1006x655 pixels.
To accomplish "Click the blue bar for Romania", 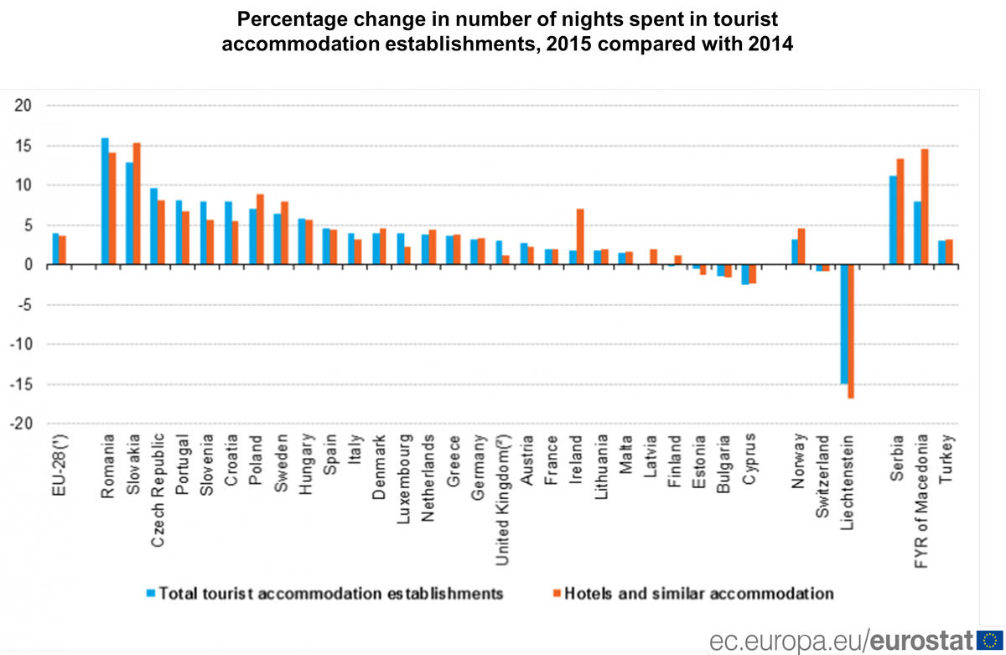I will pyautogui.click(x=105, y=201).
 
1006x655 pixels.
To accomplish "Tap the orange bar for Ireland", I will pyautogui.click(x=579, y=237).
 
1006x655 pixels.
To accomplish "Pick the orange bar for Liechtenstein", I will pyautogui.click(x=852, y=331).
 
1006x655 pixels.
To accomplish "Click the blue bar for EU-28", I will pyautogui.click(x=55, y=249).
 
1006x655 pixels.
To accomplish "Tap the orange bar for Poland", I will pyautogui.click(x=260, y=230).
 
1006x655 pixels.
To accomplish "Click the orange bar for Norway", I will pyautogui.click(x=801, y=247).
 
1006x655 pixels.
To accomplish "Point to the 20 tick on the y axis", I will pyautogui.click(x=23, y=106).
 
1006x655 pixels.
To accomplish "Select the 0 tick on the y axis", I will pyautogui.click(x=28, y=265).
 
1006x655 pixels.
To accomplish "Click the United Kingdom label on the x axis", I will pyautogui.click(x=503, y=499).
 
